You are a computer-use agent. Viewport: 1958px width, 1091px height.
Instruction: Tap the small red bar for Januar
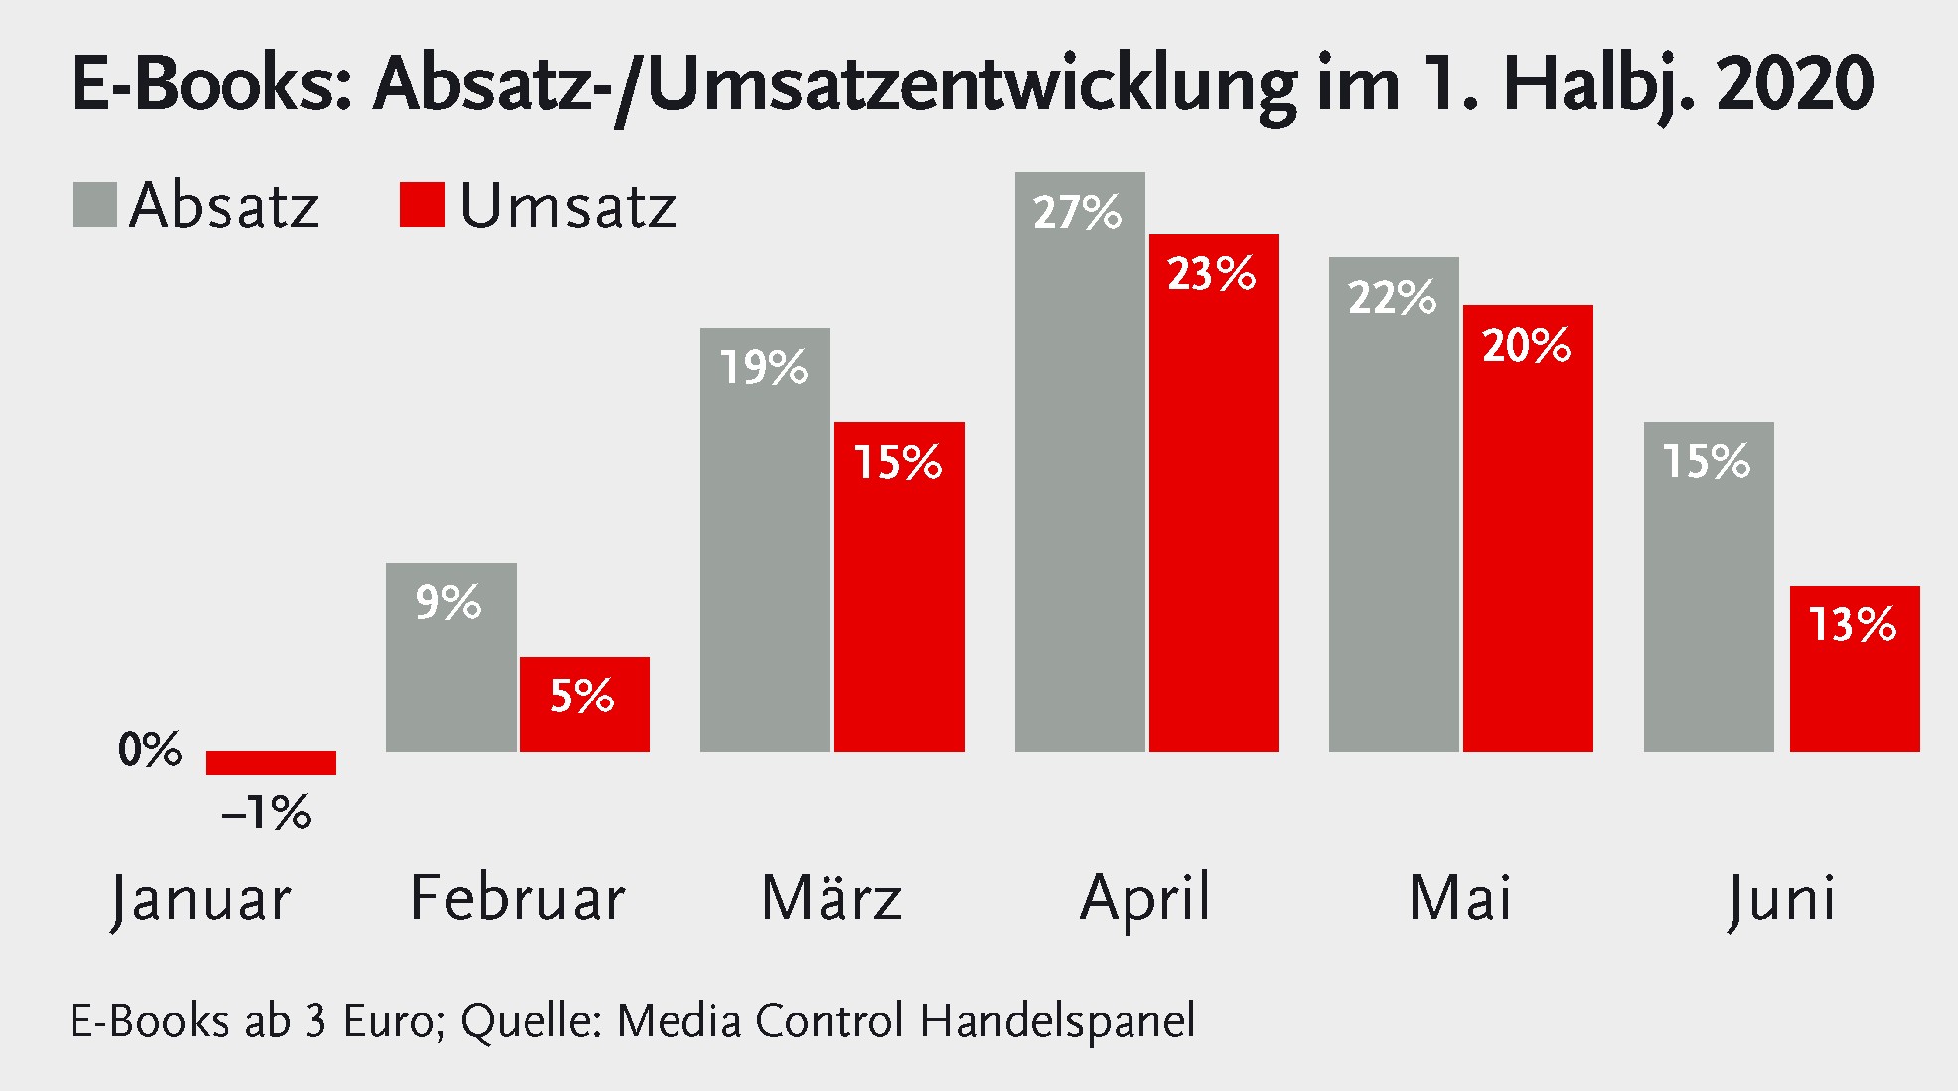[270, 762]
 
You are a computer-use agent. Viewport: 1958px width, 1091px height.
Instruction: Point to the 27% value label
[1077, 213]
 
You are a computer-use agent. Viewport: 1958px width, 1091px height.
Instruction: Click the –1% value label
[266, 814]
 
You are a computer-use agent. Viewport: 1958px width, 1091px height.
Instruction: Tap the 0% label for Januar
[150, 750]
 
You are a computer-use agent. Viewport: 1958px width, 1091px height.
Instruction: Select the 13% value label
[1853, 625]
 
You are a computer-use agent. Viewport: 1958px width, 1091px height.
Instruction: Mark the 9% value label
[448, 603]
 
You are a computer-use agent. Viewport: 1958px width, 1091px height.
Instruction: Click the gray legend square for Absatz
[94, 204]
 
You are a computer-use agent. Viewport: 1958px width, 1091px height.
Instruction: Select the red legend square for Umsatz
[422, 204]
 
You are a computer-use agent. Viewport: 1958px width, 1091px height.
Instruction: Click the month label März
[831, 898]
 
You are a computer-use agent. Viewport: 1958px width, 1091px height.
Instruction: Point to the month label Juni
[1782, 898]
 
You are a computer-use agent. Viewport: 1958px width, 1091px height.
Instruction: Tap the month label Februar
[518, 898]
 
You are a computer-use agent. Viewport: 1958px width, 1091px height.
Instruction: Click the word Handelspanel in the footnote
[1057, 1021]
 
